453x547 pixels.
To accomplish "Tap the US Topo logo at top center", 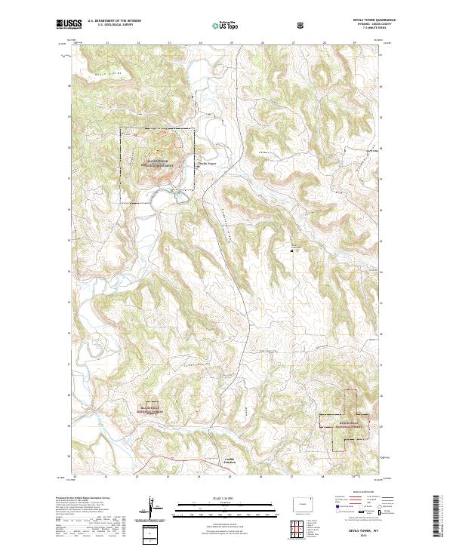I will [x=216, y=26].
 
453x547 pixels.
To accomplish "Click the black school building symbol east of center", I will [x=293, y=249].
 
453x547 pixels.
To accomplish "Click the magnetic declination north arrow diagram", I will [x=158, y=510].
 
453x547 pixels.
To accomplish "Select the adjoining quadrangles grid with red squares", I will [x=298, y=526].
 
